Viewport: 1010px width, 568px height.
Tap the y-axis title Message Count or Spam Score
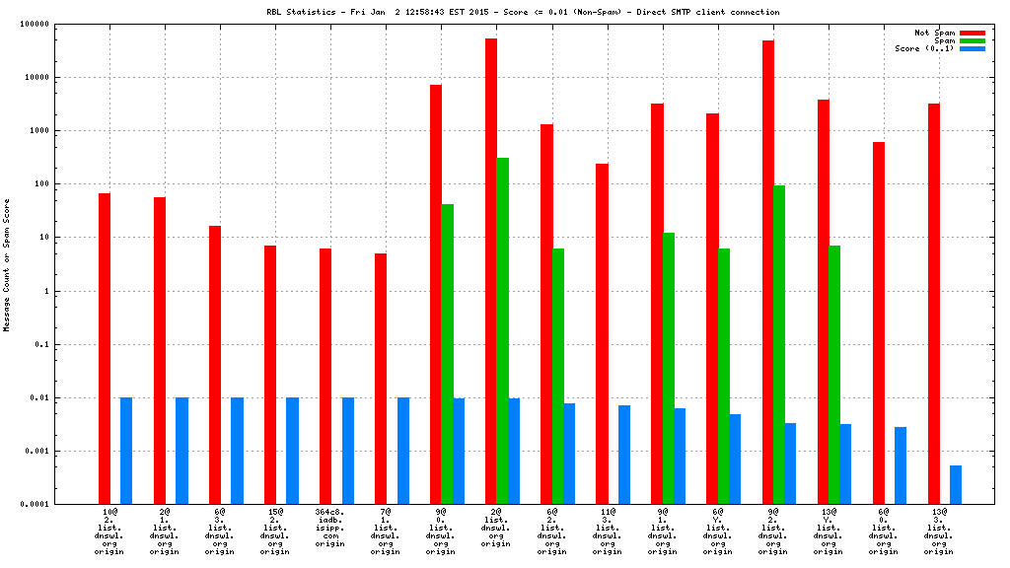click(x=7, y=264)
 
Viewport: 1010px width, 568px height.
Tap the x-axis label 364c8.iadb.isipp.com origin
click(x=330, y=532)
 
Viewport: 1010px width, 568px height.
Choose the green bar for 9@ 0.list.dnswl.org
click(x=448, y=354)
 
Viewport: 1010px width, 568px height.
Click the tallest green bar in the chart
click(x=503, y=330)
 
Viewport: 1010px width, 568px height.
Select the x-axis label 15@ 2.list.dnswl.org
click(x=275, y=532)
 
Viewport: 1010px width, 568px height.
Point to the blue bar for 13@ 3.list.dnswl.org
click(x=956, y=484)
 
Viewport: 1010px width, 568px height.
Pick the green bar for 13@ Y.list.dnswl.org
click(x=834, y=375)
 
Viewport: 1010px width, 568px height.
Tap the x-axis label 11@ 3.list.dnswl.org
click(x=607, y=532)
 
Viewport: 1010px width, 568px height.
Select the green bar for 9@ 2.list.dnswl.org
click(x=779, y=344)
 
